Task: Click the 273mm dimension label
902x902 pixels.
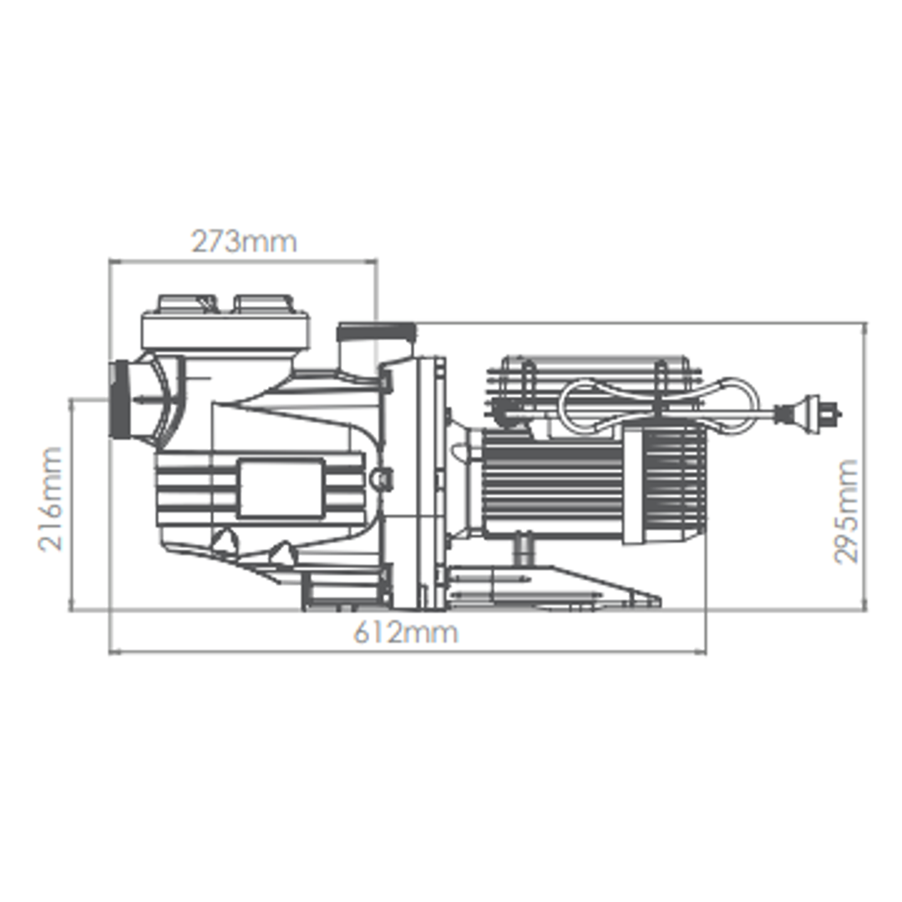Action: [243, 241]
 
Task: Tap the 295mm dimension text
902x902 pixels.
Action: [847, 511]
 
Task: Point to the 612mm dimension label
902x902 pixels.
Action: [406, 632]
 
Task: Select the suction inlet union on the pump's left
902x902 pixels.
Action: [120, 402]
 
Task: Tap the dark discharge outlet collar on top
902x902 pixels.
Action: [375, 332]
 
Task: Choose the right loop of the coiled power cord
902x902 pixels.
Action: [731, 404]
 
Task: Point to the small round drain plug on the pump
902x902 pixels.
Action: [383, 478]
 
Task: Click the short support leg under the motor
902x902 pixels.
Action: [524, 550]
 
